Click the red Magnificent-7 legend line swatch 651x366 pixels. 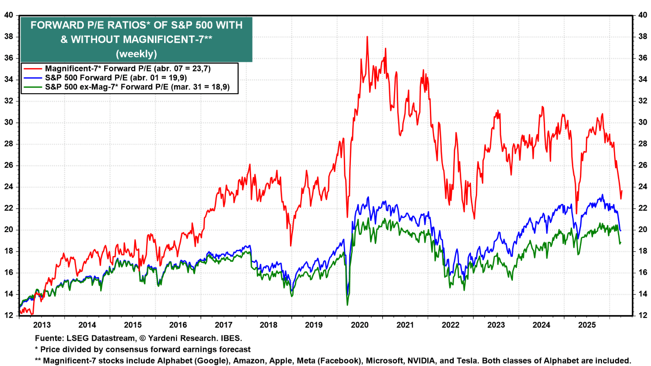click(x=33, y=69)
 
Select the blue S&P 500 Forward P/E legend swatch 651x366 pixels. click(x=33, y=78)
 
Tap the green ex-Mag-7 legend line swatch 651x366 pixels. click(x=33, y=87)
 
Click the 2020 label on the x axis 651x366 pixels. click(x=359, y=325)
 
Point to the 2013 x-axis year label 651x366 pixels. click(x=42, y=325)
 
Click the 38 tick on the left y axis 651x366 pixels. click(x=8, y=37)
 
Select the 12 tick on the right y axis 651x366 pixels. click(x=643, y=316)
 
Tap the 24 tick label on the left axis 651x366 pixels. click(x=8, y=187)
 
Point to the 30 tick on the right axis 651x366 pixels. click(x=643, y=122)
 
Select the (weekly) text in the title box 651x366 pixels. click(x=136, y=54)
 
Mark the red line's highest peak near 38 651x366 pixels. click(x=367, y=37)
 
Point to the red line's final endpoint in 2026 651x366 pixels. click(x=622, y=191)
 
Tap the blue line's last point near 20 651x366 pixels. click(x=621, y=230)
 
